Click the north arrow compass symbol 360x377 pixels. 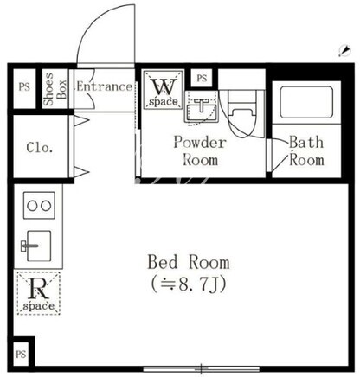click(344, 50)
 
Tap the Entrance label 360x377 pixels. click(105, 86)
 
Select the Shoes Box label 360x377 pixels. click(55, 89)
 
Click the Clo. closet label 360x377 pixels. click(40, 148)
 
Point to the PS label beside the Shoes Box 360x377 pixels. click(24, 87)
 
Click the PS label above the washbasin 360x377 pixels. click(202, 78)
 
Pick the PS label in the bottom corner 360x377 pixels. click(21, 354)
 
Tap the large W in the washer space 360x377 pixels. click(164, 86)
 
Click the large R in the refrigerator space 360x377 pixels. click(38, 289)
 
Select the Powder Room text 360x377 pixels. click(200, 151)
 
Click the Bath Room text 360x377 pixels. click(306, 151)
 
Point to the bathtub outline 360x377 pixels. click(306, 102)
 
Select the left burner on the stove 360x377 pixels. click(32, 206)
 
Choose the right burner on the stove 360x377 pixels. click(46, 206)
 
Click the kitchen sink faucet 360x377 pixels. click(29, 246)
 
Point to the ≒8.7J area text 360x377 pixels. click(189, 284)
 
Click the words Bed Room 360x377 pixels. click(189, 262)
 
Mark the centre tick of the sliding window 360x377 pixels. click(202, 368)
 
